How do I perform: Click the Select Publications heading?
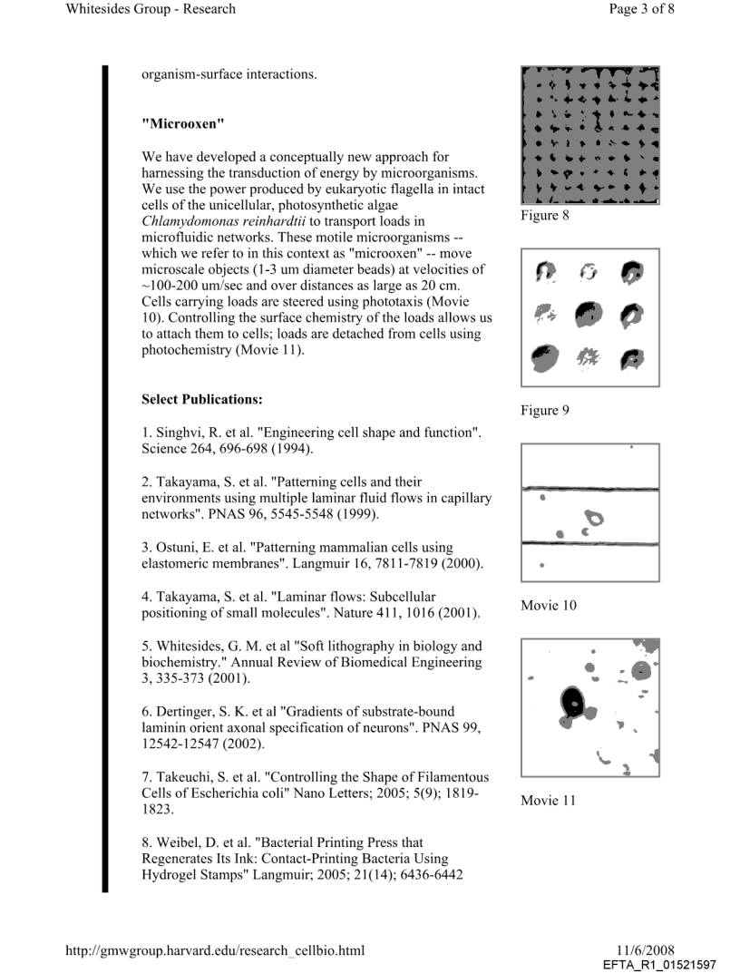(x=200, y=399)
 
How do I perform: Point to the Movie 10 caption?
(x=548, y=605)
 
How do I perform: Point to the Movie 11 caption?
(x=548, y=800)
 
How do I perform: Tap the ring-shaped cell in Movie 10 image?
(x=596, y=520)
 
